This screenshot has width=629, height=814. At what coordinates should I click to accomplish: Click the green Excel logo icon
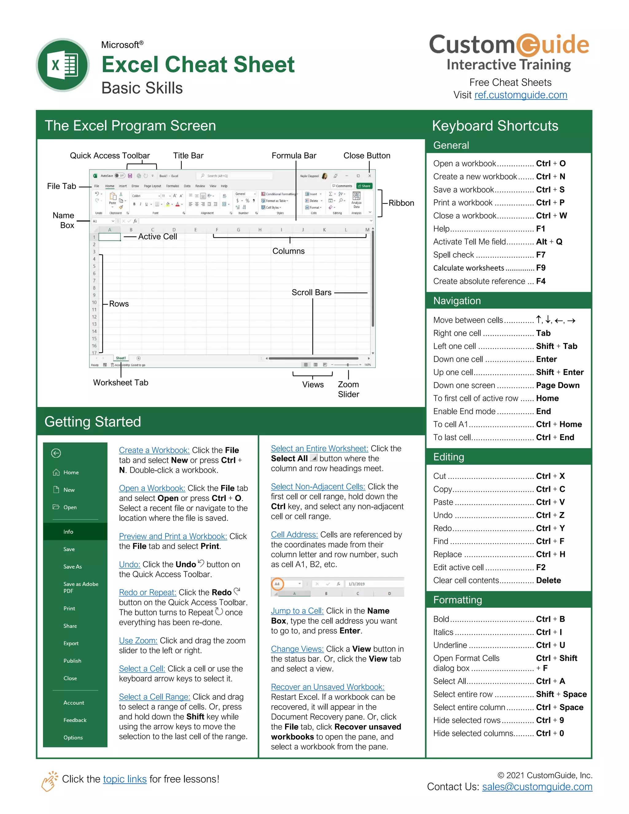63,65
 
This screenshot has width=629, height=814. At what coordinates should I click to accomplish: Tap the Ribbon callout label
401,203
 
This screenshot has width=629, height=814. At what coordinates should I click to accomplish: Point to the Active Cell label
157,237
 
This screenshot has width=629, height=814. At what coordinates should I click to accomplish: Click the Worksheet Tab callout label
120,383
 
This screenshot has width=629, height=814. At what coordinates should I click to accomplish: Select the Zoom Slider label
348,389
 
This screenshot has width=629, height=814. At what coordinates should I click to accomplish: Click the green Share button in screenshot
364,186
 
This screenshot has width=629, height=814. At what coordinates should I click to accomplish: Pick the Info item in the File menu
68,532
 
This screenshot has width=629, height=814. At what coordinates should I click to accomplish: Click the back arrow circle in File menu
56,453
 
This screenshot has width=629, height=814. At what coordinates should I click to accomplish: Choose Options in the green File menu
73,738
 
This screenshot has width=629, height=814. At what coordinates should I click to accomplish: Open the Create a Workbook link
154,450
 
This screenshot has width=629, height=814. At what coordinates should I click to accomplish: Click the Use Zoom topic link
138,641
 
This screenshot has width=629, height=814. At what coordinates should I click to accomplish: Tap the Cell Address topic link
294,535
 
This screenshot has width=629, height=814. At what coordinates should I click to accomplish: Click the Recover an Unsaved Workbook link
327,687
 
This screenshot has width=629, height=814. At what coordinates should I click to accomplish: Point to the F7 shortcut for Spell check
540,255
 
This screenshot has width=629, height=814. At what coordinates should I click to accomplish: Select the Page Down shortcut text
557,385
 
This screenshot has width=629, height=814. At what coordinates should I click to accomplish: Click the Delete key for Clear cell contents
548,580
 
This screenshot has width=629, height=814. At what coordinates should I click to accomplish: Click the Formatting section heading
457,600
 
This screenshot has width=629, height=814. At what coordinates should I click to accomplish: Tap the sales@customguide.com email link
537,787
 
